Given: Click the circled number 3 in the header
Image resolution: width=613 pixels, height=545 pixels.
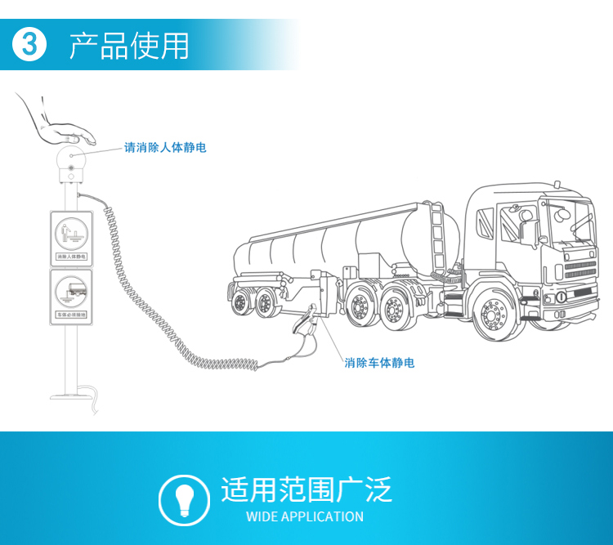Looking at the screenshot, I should tap(30, 44).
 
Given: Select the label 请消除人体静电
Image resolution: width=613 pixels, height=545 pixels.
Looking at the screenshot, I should tap(165, 148).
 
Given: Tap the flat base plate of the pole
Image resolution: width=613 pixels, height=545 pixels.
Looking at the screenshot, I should tap(72, 398).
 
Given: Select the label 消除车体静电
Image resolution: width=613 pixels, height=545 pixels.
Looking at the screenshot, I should tap(379, 362).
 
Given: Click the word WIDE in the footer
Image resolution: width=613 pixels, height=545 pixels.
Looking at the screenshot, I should tap(262, 516).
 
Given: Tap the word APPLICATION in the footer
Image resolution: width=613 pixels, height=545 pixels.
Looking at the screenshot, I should tap(322, 516).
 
